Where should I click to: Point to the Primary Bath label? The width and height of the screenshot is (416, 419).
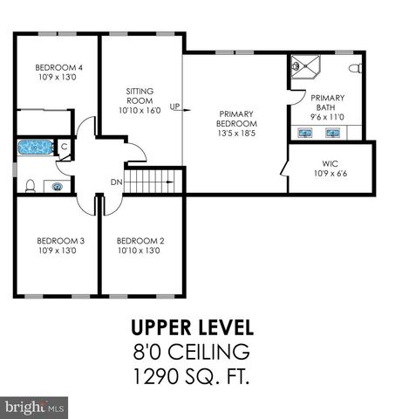click(327, 98)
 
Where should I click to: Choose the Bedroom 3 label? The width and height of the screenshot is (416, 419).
click(59, 241)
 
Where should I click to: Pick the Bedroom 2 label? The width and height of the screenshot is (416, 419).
click(140, 241)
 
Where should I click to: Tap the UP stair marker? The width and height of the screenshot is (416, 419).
click(174, 107)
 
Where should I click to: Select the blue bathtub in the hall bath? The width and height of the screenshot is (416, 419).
click(36, 148)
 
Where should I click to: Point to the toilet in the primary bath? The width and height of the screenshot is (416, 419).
click(354, 68)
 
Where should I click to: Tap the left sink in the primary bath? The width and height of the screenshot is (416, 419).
click(306, 134)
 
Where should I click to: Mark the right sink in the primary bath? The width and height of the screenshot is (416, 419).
click(332, 134)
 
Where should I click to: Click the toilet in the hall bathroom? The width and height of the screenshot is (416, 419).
click(30, 184)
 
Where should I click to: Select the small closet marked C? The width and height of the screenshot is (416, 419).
click(64, 148)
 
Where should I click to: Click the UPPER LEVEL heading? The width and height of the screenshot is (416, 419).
click(192, 328)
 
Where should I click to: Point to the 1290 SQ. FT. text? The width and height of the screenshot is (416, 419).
click(192, 379)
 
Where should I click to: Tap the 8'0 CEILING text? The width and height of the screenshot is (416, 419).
click(192, 354)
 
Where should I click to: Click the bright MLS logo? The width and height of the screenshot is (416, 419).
click(35, 407)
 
